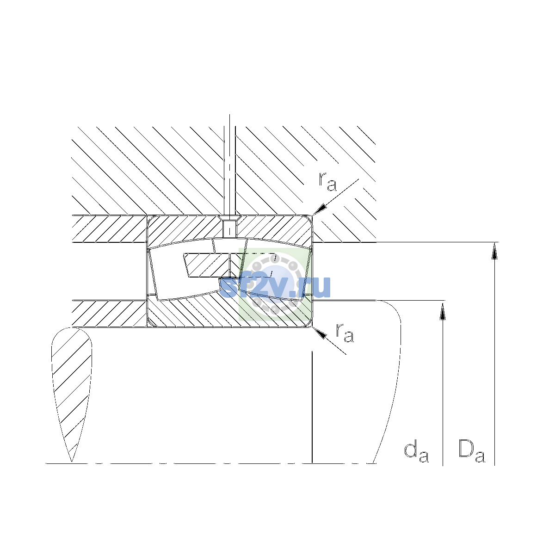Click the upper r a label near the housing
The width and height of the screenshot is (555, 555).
pyautogui.click(x=327, y=182)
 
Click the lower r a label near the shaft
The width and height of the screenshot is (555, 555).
pyautogui.click(x=345, y=333)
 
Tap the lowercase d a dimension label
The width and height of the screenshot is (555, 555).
pyautogui.click(x=416, y=452)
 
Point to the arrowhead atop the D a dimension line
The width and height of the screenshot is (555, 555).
pyautogui.click(x=494, y=251)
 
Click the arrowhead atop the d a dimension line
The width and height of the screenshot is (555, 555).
pyautogui.click(x=443, y=310)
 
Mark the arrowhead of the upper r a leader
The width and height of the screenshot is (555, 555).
pyautogui.click(x=320, y=210)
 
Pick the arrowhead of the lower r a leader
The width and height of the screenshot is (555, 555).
pyautogui.click(x=320, y=333)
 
